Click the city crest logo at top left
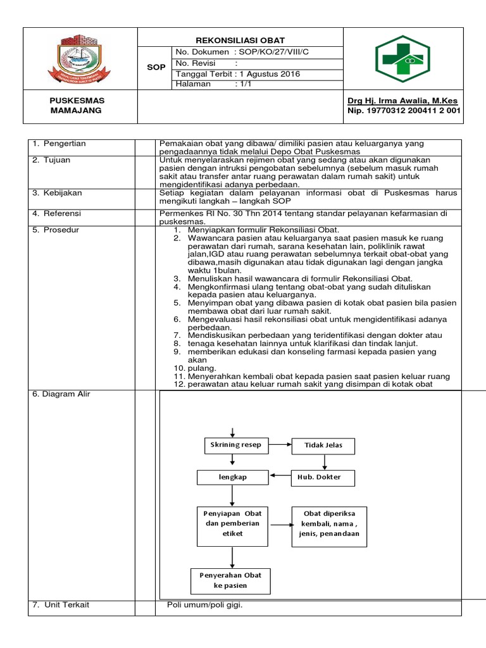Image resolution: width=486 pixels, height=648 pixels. (x=80, y=59)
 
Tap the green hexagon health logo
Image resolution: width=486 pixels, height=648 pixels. (x=402, y=59)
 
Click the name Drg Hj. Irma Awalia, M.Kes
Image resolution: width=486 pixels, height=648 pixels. (x=402, y=101)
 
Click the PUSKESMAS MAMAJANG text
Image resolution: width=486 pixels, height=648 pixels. (x=77, y=106)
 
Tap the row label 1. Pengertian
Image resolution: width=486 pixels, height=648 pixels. (x=59, y=144)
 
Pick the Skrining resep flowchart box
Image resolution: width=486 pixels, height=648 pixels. (x=235, y=445)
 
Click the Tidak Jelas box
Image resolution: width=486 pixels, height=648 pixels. (x=323, y=445)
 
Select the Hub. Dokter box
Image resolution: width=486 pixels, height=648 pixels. (x=323, y=477)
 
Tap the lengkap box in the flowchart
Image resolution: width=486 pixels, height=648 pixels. (x=233, y=477)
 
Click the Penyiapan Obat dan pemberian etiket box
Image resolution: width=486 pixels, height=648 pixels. (x=233, y=523)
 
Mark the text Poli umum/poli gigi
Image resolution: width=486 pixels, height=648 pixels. (x=204, y=605)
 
